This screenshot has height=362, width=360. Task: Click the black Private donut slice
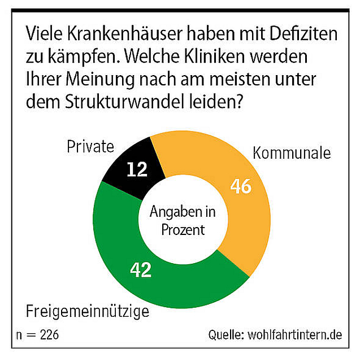[128, 164]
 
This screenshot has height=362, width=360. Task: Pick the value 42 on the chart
[140, 270]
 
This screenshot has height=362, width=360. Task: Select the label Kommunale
[292, 153]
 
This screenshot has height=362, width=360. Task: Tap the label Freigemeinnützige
[88, 311]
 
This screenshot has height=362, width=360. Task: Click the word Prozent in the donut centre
[183, 229]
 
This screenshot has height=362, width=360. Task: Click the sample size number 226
[47, 335]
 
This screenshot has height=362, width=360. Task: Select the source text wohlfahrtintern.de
[295, 334]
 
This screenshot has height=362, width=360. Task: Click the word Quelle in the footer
[227, 334]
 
